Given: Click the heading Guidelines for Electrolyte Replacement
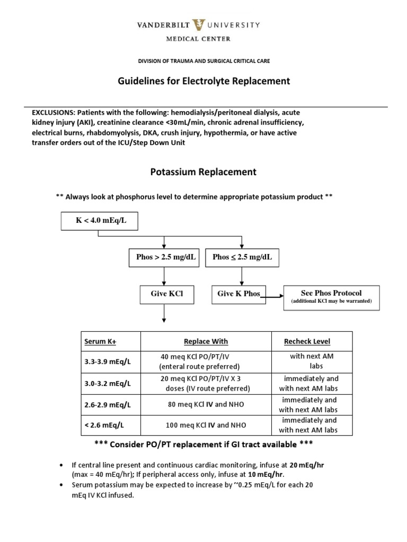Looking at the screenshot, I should pos(203,81).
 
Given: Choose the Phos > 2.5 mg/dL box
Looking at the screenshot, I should pos(166,258).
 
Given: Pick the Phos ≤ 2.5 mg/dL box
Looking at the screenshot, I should pos(242,258).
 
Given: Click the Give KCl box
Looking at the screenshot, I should pos(166,294).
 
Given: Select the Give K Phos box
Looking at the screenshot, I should pos(239,294).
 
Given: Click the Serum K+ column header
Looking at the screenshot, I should pos(99,342).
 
